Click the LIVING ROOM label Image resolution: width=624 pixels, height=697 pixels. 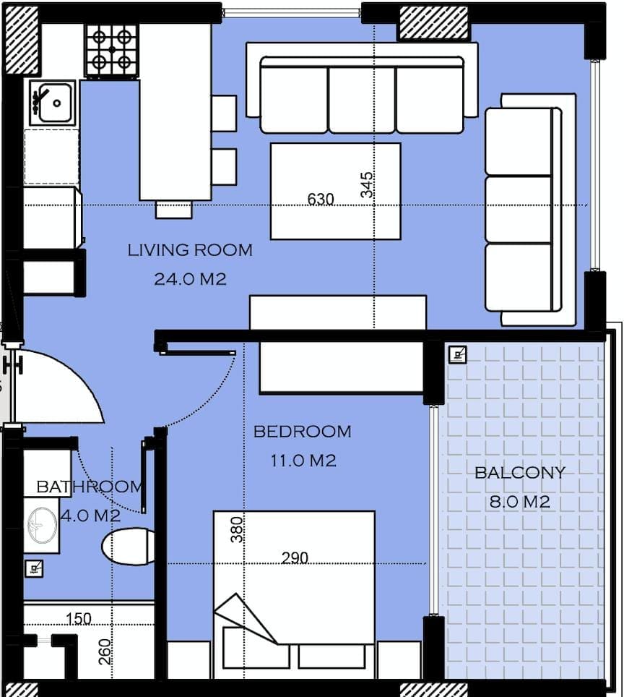pyautogui.click(x=190, y=250)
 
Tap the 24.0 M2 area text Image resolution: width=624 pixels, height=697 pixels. pyautogui.click(x=190, y=279)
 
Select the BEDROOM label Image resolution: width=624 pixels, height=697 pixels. pyautogui.click(x=302, y=432)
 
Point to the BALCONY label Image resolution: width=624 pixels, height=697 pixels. pyautogui.click(x=519, y=473)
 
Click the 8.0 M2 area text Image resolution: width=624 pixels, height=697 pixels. pyautogui.click(x=519, y=502)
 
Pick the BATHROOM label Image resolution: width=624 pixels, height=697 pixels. pyautogui.click(x=90, y=487)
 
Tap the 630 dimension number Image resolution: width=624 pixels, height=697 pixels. pyautogui.click(x=321, y=199)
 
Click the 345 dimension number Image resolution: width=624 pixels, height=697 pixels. pyautogui.click(x=367, y=185)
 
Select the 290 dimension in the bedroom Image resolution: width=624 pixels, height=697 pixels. pyautogui.click(x=295, y=558)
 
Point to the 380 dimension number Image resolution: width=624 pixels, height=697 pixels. pyautogui.click(x=237, y=529)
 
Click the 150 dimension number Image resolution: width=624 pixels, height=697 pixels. pyautogui.click(x=79, y=619)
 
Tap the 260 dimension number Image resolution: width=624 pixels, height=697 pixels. pyautogui.click(x=105, y=651)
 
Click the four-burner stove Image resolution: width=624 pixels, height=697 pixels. pyautogui.click(x=112, y=50)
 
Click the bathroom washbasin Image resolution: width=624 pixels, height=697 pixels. pyautogui.click(x=42, y=525)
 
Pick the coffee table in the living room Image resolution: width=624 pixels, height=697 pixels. pyautogui.click(x=336, y=191)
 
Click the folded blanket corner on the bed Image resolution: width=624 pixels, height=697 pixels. pyautogui.click(x=246, y=618)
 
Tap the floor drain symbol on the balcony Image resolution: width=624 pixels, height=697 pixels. pyautogui.click(x=457, y=355)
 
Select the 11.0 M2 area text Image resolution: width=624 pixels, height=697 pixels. pyautogui.click(x=303, y=461)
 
